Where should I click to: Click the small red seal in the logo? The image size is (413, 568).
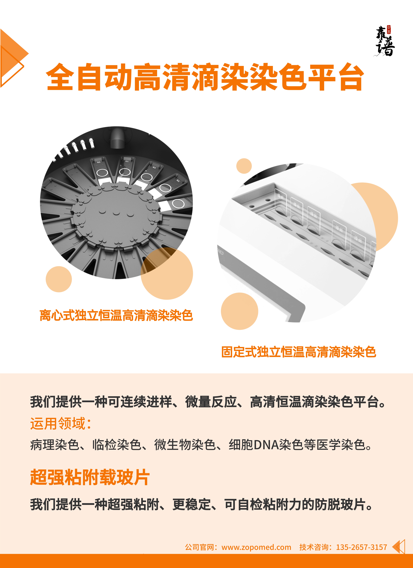(389, 30)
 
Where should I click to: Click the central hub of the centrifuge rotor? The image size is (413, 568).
(116, 215)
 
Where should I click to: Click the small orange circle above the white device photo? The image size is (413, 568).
(244, 166)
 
